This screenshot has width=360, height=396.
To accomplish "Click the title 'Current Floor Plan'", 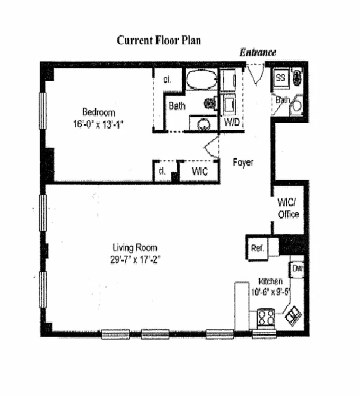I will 158,40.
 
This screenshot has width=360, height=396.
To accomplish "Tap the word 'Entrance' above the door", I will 257,52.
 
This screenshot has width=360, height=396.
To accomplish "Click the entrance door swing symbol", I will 256,73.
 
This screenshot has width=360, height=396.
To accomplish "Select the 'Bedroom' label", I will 99,112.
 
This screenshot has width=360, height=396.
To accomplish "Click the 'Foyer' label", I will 243,162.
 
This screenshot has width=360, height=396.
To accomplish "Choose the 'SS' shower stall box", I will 281,78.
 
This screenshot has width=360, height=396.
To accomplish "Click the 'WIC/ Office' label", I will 288,208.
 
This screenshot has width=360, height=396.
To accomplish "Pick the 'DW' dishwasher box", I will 297,269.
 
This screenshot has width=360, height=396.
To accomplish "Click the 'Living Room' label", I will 135,247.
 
